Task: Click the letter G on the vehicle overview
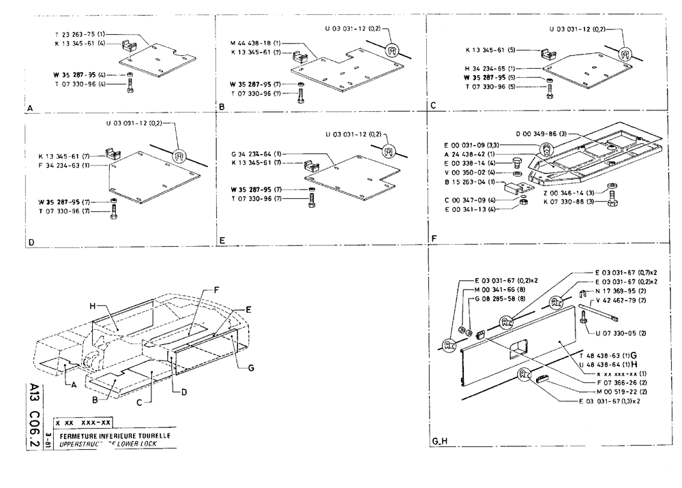coord(252,367)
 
